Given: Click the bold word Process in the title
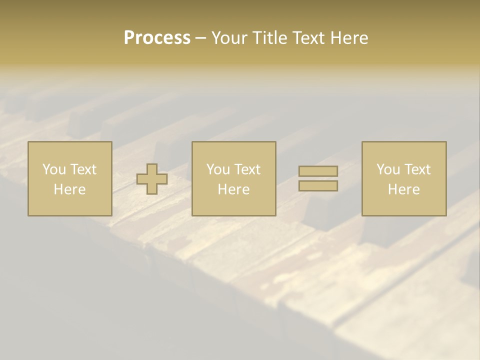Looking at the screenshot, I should pyautogui.click(x=157, y=38).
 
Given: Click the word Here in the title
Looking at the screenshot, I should pyautogui.click(x=349, y=38).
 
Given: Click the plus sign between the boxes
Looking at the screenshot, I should pyautogui.click(x=152, y=179).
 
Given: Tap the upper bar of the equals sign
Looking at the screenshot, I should pyautogui.click(x=318, y=171).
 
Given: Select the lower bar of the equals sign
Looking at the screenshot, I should pyautogui.click(x=318, y=186).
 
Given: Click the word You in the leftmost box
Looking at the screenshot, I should pyautogui.click(x=54, y=169).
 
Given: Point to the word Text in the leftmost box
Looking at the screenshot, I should pyautogui.click(x=83, y=169).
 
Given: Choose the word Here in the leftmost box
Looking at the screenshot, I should pyautogui.click(x=69, y=189).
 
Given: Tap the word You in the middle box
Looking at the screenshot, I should pyautogui.click(x=218, y=169).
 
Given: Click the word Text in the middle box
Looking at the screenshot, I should pyautogui.click(x=247, y=169).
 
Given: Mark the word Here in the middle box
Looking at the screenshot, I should pyautogui.click(x=233, y=189).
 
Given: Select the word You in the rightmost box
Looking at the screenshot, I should pyautogui.click(x=388, y=169).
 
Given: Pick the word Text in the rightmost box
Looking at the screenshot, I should pyautogui.click(x=417, y=169).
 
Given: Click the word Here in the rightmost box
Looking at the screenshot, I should pyautogui.click(x=403, y=189).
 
